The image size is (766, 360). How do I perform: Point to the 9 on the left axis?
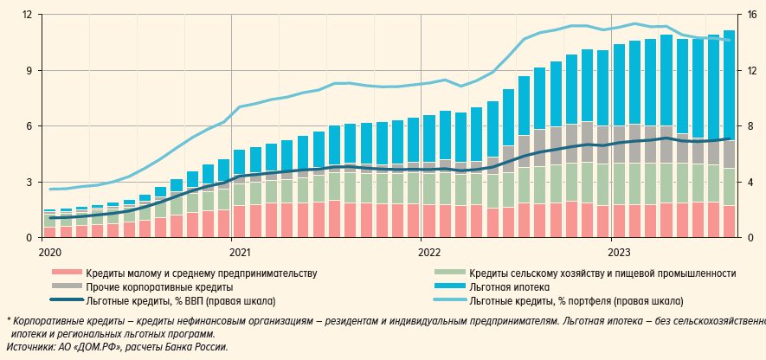tap(29, 70)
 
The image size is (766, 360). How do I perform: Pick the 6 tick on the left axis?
tap(29, 126)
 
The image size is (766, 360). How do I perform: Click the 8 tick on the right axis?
tap(750, 126)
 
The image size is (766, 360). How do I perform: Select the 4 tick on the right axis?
tap(750, 182)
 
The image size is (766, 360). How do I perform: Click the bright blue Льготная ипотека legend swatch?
tap(450, 287)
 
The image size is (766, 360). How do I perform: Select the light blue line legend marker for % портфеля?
tap(450, 301)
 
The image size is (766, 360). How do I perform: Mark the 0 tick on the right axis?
tap(750, 237)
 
